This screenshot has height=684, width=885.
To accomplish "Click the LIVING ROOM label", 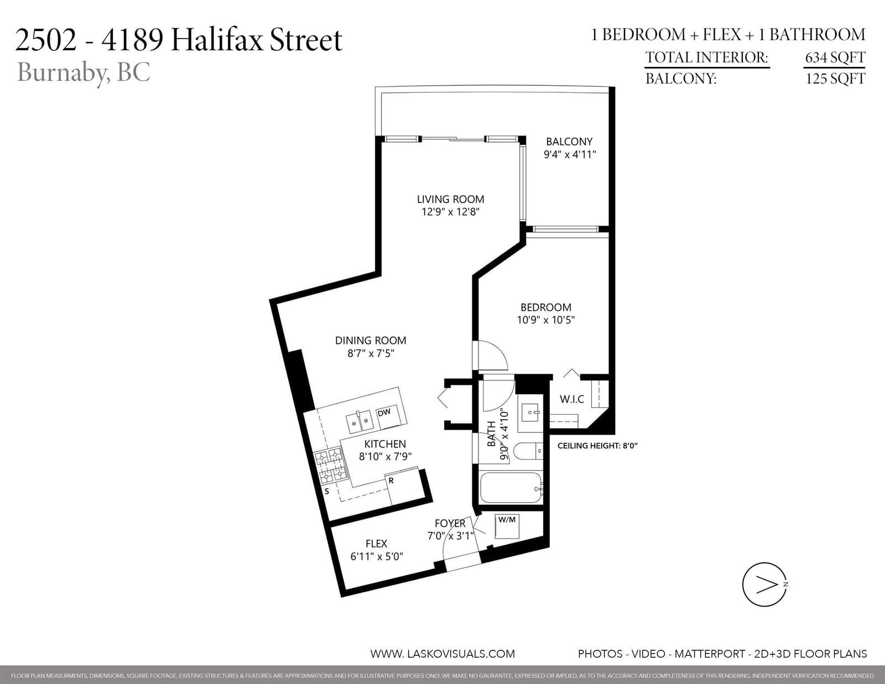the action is point(450,199).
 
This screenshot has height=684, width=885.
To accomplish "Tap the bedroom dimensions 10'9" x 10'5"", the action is point(546,320).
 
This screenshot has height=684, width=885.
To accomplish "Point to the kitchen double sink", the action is point(360,421).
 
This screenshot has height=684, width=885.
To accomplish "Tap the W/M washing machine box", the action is point(507,526).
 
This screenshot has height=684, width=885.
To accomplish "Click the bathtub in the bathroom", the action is point(511,488).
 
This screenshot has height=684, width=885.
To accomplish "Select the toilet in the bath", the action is point(528,451).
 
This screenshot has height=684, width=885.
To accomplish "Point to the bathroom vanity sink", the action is point(530,413).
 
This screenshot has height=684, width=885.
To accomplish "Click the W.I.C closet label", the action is point(572,399).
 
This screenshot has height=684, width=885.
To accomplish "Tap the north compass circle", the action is point(764,584).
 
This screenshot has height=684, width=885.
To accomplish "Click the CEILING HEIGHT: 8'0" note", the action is point(597,446).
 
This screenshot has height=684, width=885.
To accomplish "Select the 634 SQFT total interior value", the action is point(835,58).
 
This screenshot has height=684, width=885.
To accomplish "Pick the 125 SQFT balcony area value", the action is point(835,78).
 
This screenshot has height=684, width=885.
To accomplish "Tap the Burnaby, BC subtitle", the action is point(84,72).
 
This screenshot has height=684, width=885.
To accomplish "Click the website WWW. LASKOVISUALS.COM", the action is point(442,654).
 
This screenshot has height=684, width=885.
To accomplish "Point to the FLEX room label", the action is point(376,544).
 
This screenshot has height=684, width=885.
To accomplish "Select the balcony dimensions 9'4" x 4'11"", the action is point(570,154).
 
